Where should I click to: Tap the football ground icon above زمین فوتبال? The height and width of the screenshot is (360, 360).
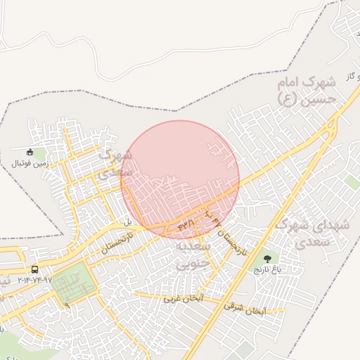[30, 152]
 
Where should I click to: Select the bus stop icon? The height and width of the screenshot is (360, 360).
[34, 269]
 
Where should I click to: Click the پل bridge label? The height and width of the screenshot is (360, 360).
[128, 222]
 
